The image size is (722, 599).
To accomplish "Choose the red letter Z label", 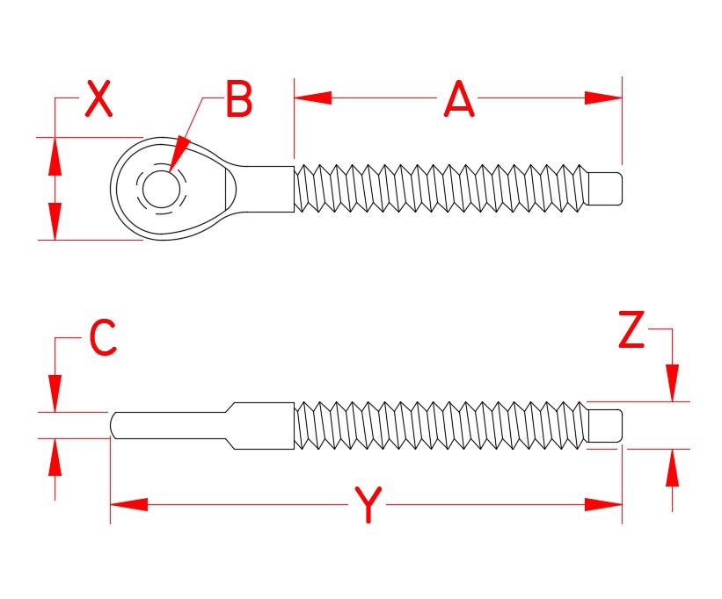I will [631, 331].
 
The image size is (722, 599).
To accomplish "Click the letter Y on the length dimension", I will [369, 506].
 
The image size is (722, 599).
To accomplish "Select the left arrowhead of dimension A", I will [312, 98].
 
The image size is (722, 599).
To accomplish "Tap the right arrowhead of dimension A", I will [603, 98].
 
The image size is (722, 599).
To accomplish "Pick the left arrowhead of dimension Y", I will [128, 505].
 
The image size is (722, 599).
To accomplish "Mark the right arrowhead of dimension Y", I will [604, 505].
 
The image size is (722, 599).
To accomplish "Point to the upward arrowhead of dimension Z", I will [673, 467].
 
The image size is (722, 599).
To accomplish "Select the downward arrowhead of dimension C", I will [55, 392].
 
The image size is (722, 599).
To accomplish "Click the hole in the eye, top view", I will [159, 188].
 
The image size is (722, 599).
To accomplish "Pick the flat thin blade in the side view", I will [167, 424].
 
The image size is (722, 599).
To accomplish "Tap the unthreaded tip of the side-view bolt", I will [606, 425].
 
